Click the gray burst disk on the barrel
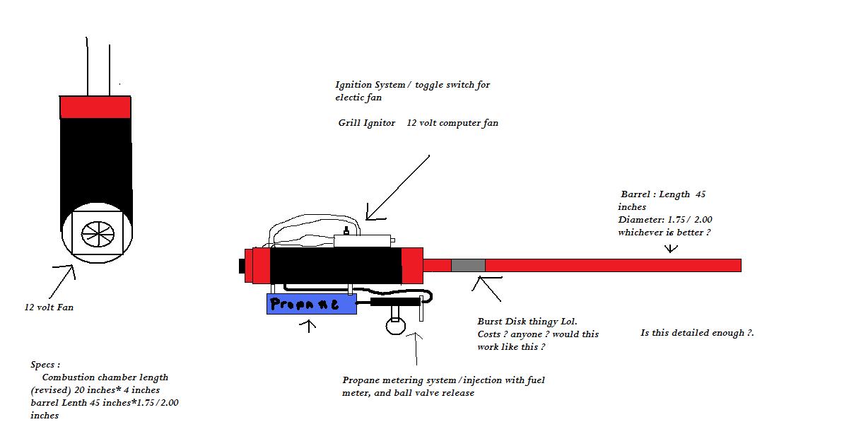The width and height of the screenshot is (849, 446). point(468,265)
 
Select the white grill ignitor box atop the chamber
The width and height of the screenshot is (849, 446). point(363,241)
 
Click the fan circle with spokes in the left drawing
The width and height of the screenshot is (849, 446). point(96,234)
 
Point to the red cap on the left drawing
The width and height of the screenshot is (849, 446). point(95,107)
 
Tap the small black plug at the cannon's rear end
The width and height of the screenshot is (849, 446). point(242,266)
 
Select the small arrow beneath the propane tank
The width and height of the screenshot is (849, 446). point(308,327)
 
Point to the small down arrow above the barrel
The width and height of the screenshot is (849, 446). point(672,248)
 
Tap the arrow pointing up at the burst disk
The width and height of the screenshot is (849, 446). point(488,288)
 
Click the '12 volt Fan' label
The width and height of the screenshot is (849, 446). point(49,307)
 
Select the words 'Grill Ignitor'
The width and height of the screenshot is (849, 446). point(366,123)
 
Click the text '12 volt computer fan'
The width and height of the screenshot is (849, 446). point(452,123)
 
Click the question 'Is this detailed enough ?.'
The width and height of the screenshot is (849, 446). point(697,332)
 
